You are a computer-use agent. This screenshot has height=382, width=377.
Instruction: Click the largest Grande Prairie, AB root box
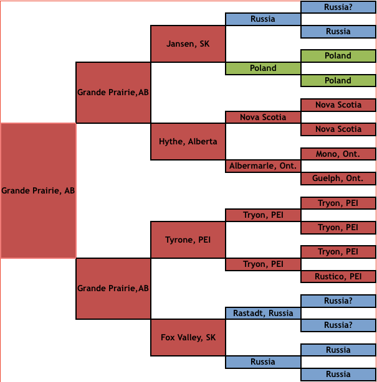(38, 190)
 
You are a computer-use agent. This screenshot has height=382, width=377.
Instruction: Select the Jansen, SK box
(188, 44)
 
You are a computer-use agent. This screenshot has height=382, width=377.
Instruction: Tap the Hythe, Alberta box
(188, 141)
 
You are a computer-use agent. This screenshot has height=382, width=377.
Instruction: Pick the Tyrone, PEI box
(188, 240)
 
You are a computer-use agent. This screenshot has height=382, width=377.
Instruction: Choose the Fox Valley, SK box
(188, 337)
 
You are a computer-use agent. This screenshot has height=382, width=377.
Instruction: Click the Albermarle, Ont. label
(263, 166)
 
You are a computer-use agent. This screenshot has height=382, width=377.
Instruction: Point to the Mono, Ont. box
(338, 154)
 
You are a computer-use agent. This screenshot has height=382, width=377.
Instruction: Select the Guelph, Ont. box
(338, 178)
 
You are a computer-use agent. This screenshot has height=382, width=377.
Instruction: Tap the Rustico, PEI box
(338, 276)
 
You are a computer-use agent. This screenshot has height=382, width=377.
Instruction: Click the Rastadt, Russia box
(263, 313)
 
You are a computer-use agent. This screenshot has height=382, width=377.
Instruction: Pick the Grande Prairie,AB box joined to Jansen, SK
(113, 92)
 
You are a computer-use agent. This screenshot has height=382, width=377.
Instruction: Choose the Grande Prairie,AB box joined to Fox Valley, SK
(113, 288)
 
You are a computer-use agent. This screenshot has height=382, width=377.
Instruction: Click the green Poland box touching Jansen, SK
(263, 68)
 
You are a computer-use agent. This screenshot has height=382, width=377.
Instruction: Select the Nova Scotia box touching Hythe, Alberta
(263, 117)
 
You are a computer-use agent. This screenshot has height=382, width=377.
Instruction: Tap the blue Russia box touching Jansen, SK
(263, 19)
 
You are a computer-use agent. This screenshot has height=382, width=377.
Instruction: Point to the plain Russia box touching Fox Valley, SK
(263, 361)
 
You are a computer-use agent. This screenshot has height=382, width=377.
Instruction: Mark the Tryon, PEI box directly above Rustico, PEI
(338, 251)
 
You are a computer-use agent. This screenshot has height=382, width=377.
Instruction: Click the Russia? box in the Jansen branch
(338, 7)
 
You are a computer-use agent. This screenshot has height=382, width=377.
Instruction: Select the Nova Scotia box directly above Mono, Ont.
(338, 129)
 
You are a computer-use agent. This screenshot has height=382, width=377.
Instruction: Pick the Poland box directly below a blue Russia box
(338, 55)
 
